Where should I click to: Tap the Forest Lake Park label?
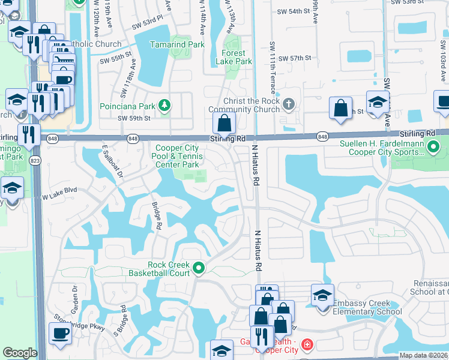(234, 57)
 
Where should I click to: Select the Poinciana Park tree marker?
(165, 107)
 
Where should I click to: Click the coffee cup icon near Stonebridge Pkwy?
(60, 333)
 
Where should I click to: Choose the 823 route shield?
(35, 160)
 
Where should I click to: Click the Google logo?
(20, 353)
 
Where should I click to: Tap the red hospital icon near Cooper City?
(307, 345)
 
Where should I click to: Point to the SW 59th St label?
(133, 118)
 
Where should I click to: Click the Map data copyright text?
(424, 355)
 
